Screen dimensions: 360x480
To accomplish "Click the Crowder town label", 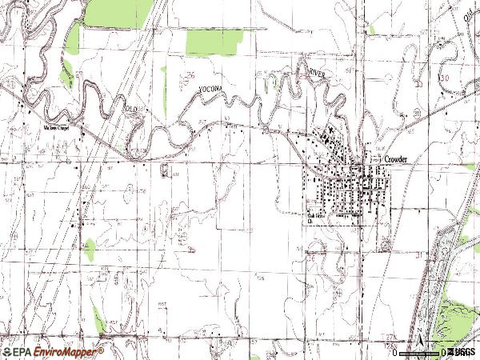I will pos(395,159).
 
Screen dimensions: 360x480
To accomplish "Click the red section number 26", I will pos(190,74).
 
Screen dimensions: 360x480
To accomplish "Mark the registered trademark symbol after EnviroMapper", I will pos(102,349).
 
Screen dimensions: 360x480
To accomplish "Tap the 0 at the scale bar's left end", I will pos(396,352).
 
